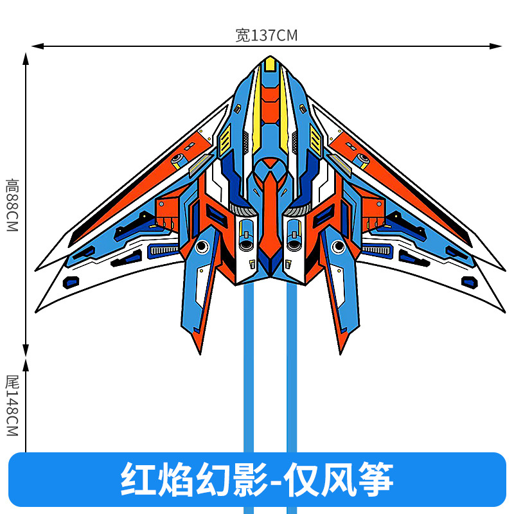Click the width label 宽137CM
[267, 35]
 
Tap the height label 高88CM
[12, 206]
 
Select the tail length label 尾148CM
[12, 406]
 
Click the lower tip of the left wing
[37, 311]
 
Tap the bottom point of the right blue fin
[341, 352]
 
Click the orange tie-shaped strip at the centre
[270, 212]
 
